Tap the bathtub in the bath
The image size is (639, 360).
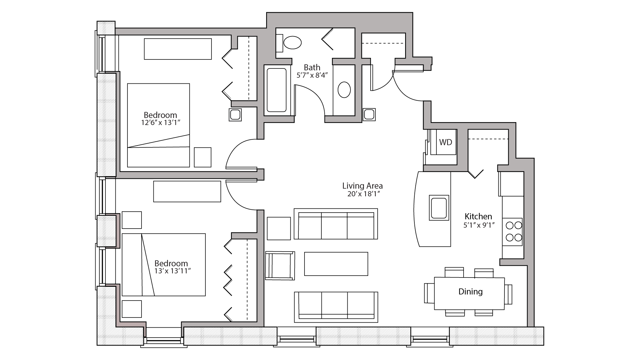tap(277, 90)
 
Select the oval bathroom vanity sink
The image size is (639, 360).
tap(344, 90)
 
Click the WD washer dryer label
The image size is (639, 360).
tap(445, 142)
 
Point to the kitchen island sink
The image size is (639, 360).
tap(439, 207)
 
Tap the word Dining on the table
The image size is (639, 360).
tap(470, 292)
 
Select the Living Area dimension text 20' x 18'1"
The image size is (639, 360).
tap(363, 194)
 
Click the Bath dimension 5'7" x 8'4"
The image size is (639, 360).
tap(312, 75)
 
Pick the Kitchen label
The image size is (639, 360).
tap(478, 216)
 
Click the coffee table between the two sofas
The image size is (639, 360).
tap(336, 264)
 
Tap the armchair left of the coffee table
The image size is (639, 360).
tap(280, 266)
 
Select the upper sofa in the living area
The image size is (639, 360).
tap(336, 224)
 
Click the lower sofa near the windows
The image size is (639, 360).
tap(336, 307)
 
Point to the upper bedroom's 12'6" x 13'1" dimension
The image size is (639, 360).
tap(161, 122)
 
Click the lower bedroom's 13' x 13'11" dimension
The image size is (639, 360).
tap(173, 271)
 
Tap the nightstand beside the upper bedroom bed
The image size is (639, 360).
tap(203, 157)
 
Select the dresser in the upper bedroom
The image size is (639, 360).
tap(178, 49)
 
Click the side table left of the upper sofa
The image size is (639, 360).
tap(279, 228)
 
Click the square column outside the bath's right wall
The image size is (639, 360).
tap(369, 114)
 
